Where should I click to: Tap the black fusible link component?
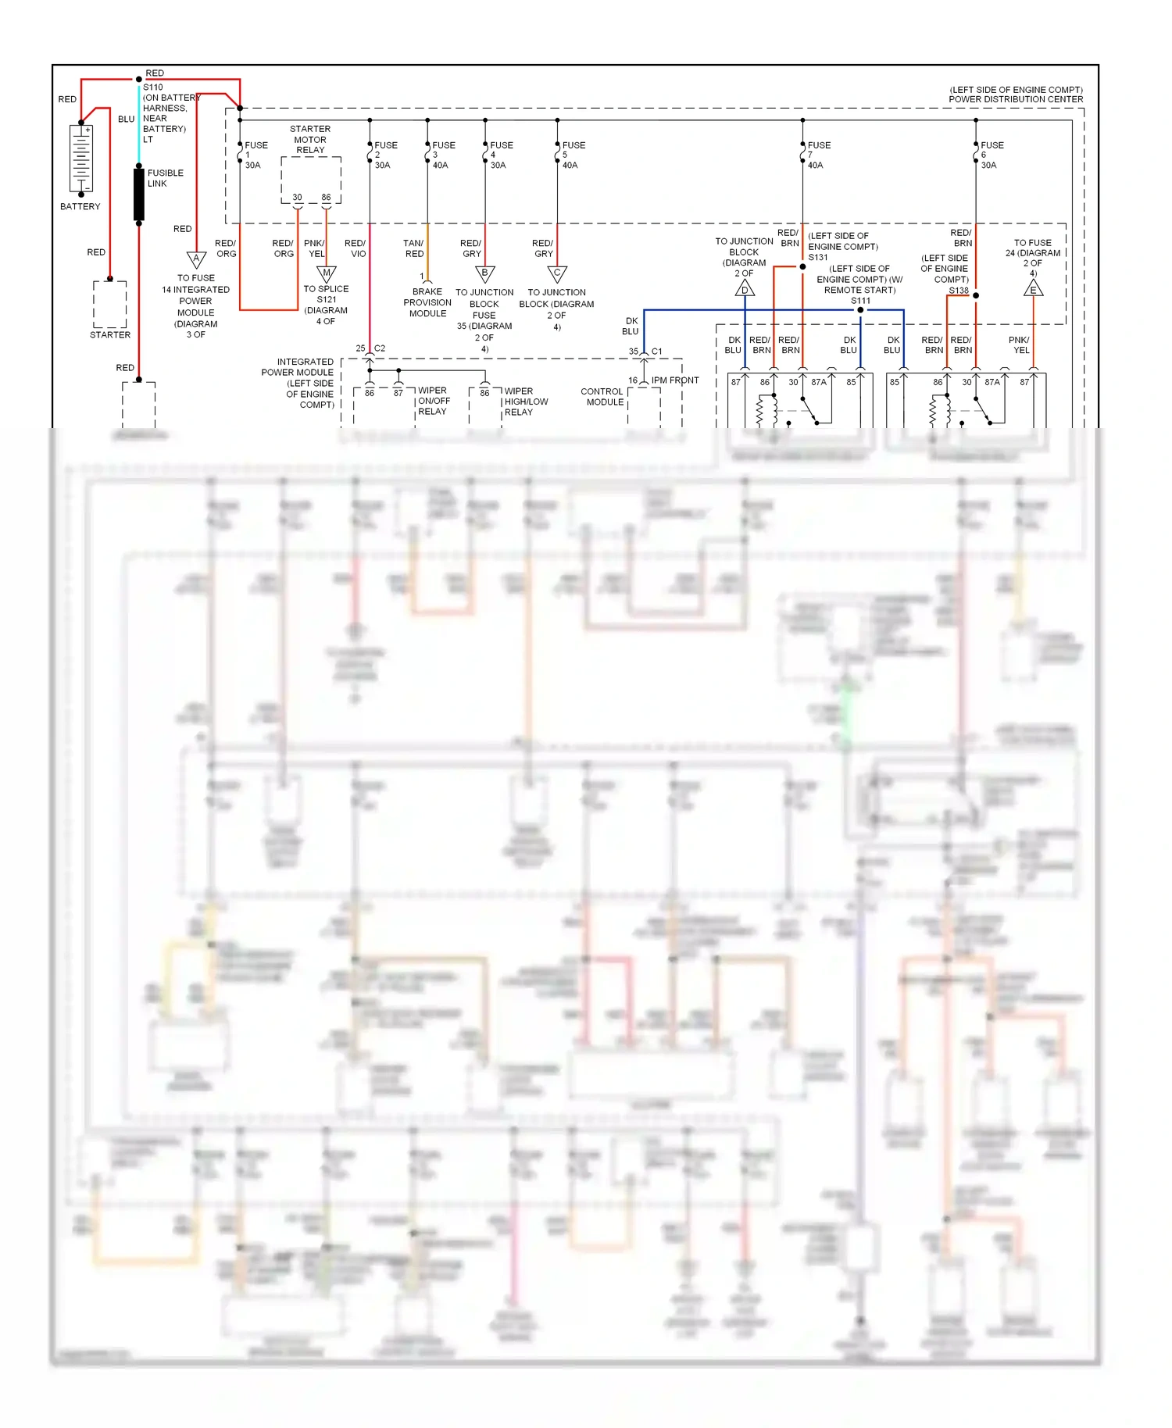pos(139,195)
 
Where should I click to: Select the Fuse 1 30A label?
pos(255,155)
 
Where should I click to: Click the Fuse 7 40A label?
pos(817,155)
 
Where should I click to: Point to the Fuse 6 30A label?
pos(991,155)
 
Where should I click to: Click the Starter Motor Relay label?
pos(310,139)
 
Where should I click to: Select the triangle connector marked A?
pos(196,259)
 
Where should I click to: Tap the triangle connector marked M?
pos(327,273)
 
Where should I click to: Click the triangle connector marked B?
pos(484,273)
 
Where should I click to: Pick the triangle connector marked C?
pos(557,273)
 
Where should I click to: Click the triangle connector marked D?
pos(745,289)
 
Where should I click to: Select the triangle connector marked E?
pos(1033,289)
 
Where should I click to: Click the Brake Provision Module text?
pos(427,302)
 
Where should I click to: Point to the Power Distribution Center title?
pos(1016,95)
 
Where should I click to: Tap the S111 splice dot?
pos(860,310)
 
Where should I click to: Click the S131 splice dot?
pos(802,266)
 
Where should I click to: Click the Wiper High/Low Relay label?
pos(525,402)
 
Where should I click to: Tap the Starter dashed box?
pos(110,304)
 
